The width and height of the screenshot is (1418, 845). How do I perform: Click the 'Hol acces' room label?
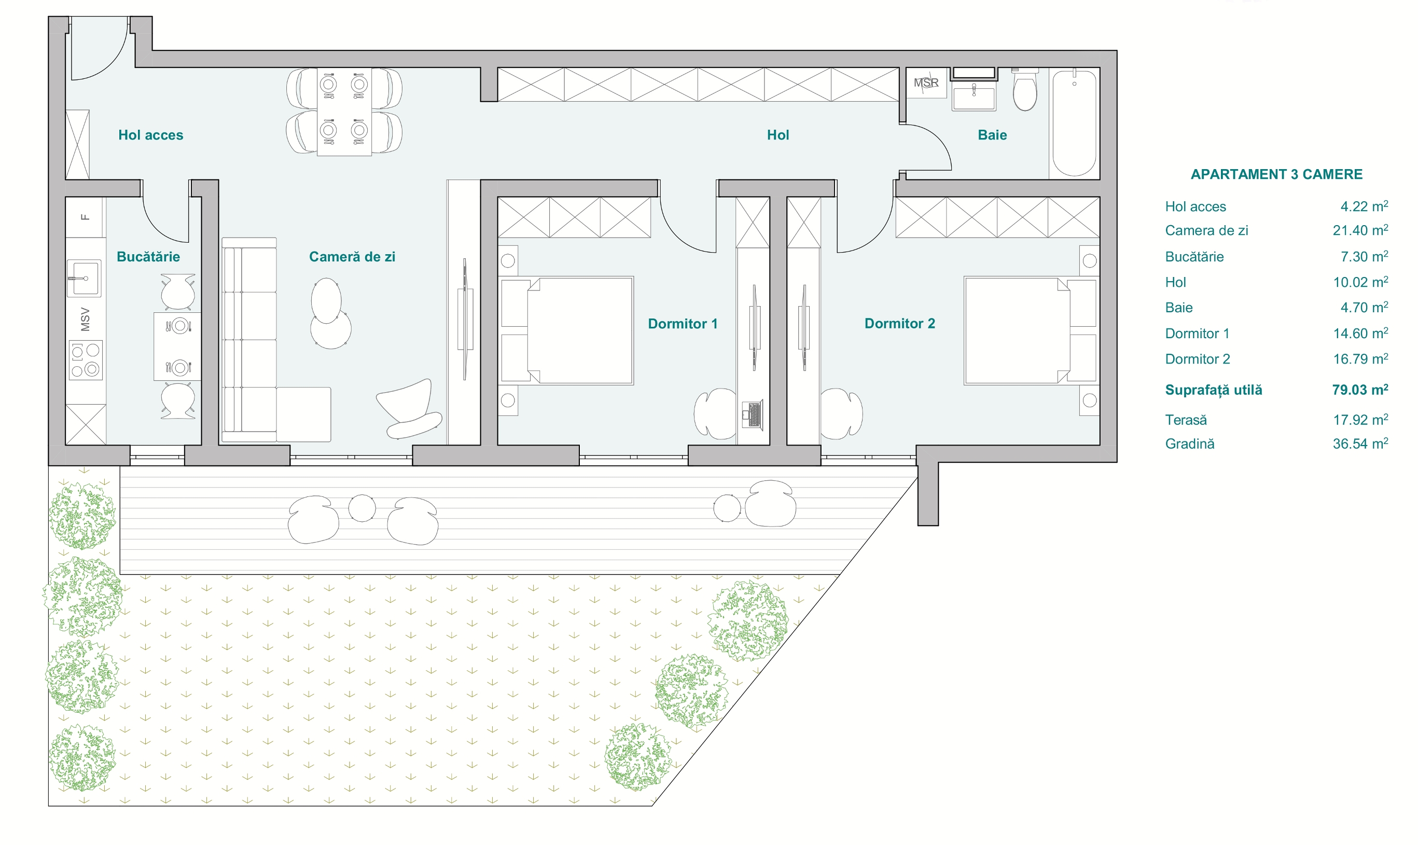point(151,135)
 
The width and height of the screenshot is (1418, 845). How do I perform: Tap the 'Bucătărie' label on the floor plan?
point(148,257)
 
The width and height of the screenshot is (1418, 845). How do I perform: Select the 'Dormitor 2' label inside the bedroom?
point(900,323)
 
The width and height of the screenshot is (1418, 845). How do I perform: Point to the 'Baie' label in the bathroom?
point(992,135)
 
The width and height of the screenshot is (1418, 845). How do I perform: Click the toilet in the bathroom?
point(1025,90)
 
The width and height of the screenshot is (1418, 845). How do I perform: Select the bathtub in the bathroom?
point(1074,123)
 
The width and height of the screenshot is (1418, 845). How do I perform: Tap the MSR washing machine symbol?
point(926,83)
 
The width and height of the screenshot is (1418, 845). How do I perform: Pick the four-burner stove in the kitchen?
point(86,360)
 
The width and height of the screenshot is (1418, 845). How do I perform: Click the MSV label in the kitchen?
point(86,320)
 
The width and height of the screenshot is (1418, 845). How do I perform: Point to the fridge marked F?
point(86,217)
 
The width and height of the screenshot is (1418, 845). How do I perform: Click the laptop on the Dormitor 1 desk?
point(752,414)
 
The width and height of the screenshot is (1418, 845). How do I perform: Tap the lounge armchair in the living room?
point(409,408)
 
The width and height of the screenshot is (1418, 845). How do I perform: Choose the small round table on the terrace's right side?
point(727,508)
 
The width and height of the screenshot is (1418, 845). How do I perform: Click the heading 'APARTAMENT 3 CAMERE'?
point(1276,174)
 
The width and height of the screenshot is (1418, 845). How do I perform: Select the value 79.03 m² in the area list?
point(1360,390)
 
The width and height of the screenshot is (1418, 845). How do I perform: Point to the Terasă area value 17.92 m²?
point(1360,420)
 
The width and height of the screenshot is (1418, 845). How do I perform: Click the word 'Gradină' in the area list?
point(1190,444)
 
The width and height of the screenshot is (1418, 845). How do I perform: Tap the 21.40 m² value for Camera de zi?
point(1360,230)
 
